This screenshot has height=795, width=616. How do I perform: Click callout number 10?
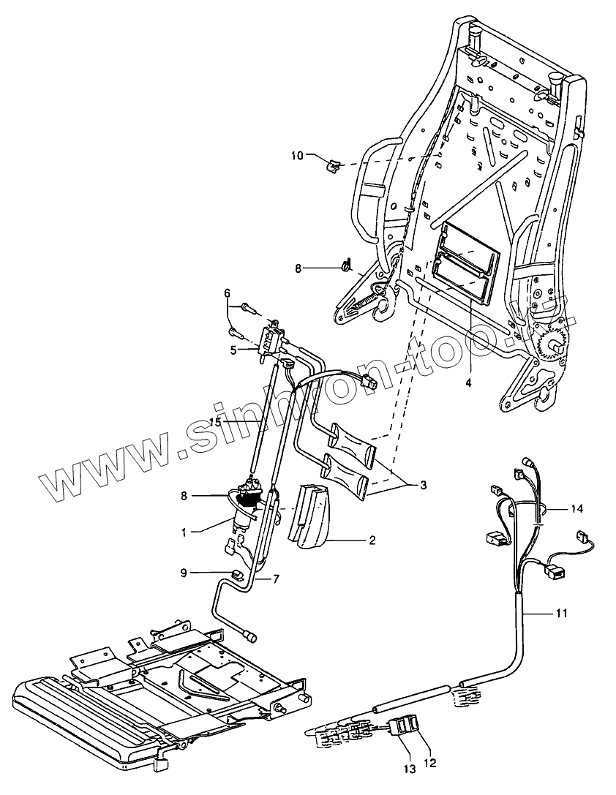tap(297, 155)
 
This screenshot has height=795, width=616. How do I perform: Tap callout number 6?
tap(228, 293)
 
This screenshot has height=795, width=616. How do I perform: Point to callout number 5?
tap(233, 350)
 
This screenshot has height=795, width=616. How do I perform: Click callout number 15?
tap(216, 422)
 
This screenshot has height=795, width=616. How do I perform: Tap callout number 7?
tap(276, 579)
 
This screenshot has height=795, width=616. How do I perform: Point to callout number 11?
tap(560, 612)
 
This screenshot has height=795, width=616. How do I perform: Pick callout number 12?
tap(430, 761)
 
